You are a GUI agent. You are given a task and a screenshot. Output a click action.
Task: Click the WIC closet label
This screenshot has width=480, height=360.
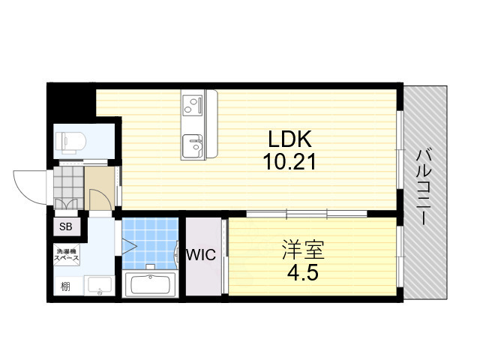tap(201, 255)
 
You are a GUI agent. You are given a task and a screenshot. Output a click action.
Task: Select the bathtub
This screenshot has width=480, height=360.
tap(151, 285)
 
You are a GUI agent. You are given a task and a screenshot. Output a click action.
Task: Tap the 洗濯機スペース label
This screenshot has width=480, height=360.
tap(66, 254)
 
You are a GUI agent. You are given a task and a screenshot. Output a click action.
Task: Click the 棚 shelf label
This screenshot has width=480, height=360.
tap(66, 286)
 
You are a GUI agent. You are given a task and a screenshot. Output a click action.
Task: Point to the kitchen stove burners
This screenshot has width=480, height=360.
tap(193, 104)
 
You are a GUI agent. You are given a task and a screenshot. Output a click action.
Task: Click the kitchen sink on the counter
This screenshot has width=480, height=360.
tap(193, 145)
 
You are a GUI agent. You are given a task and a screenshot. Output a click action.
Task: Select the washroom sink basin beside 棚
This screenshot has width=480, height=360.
tap(98, 286)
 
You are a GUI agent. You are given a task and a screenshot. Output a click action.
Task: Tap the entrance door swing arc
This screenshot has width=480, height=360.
tap(30, 185)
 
